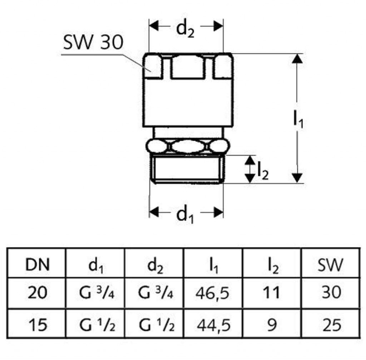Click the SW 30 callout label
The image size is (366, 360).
(93, 43)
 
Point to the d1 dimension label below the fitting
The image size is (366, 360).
(185, 215)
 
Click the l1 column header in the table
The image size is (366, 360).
(213, 265)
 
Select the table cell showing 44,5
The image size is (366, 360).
(213, 325)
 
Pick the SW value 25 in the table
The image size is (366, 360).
(330, 325)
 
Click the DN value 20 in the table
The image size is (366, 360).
(38, 293)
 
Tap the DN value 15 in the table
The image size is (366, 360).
(38, 325)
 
